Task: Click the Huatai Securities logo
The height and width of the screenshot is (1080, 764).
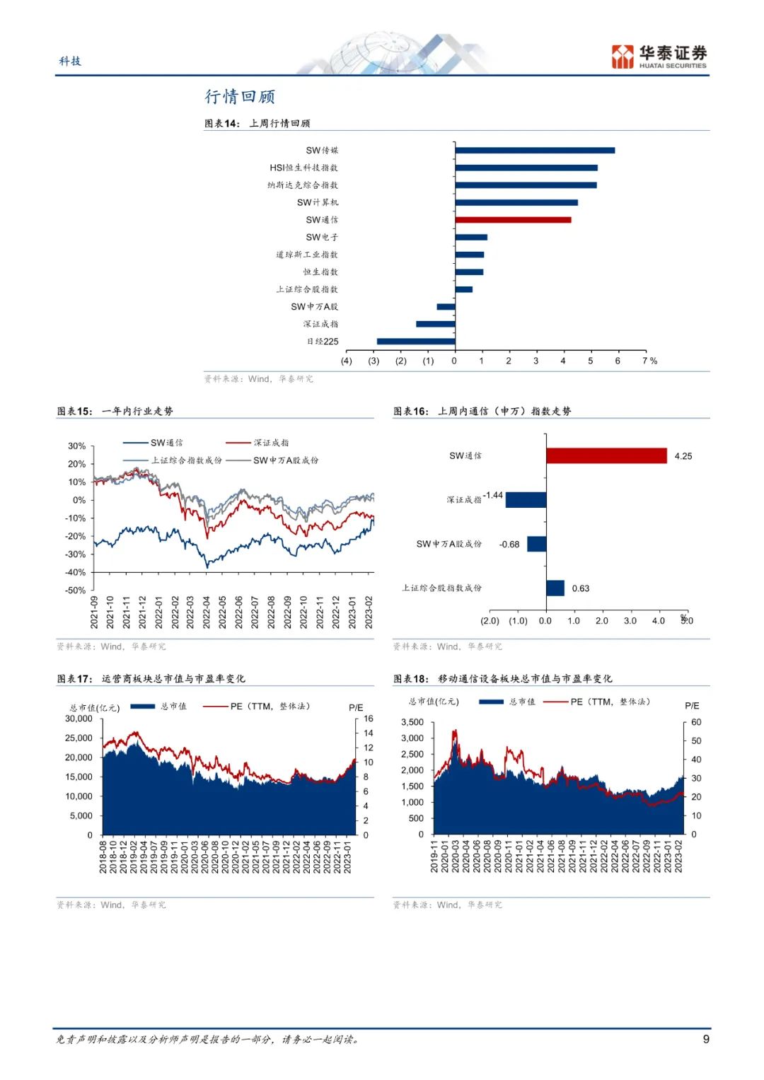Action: coord(659,57)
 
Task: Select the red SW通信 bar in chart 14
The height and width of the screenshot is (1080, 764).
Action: coord(513,220)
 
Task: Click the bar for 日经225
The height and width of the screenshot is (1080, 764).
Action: coord(416,342)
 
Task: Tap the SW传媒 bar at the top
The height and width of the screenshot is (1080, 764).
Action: coord(535,150)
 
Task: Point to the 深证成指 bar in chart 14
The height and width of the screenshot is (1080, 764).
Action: coord(435,324)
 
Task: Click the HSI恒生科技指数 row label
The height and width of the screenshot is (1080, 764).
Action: coord(303,168)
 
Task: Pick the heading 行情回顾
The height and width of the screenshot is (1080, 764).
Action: coord(240,96)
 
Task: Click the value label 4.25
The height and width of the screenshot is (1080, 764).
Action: coord(683,456)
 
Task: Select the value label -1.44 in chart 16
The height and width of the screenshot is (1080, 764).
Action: coord(493,495)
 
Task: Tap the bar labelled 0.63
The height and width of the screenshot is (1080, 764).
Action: coord(555,588)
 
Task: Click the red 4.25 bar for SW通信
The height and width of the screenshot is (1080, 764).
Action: coord(606,456)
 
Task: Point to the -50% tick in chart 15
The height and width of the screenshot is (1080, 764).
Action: coord(76,591)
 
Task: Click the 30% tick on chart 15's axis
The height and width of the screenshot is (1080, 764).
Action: coord(76,446)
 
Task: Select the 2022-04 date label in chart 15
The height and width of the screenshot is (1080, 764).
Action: coord(207,612)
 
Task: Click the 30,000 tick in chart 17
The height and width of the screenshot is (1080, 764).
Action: coord(79,719)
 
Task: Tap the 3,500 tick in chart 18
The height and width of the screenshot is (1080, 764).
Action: coord(412,722)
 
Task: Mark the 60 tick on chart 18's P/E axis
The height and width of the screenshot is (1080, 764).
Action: coord(696,722)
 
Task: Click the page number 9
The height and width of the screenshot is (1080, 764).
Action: coord(706,1039)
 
